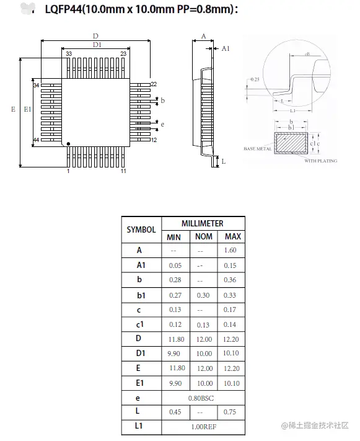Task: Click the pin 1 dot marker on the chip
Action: pos(68,144)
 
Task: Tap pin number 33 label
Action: pos(68,55)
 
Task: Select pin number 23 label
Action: pos(123,55)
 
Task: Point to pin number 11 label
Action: pos(123,171)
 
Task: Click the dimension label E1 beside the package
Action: pos(27,109)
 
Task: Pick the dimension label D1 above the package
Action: pos(97,45)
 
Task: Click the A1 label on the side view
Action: pos(226,48)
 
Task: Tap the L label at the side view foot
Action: pos(223,161)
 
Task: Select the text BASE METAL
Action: pos(257,149)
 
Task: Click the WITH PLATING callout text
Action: pos(321,161)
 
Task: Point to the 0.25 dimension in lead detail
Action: pos(255,79)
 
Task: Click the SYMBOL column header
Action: pos(141,229)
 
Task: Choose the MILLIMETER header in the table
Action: pos(203,223)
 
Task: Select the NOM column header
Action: pos(204,237)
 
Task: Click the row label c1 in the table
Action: pos(141,324)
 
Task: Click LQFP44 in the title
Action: pos(64,9)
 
